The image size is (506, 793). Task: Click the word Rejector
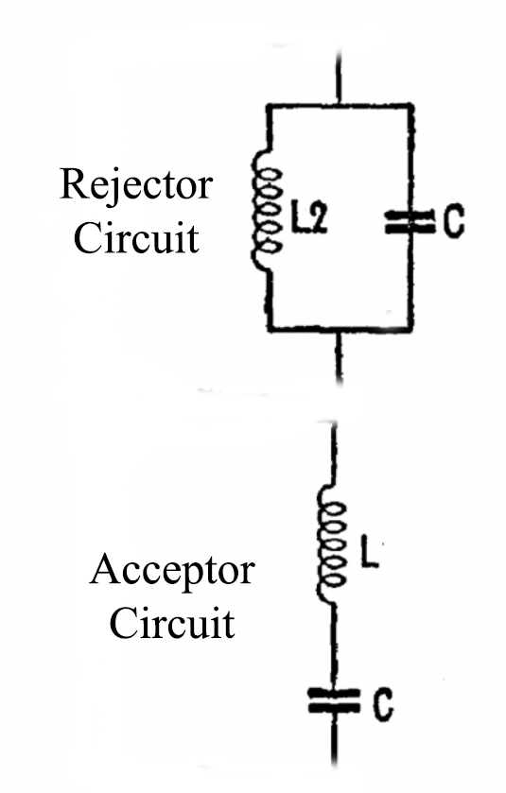coord(136,185)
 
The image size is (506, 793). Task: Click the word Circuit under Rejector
coord(136,238)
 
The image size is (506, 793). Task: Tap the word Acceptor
coord(172,572)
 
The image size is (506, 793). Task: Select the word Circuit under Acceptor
coord(172,623)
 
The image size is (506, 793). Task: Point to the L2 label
coord(308,221)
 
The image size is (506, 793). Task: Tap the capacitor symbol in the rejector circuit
coord(410,221)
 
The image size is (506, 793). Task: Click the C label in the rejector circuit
coord(453,222)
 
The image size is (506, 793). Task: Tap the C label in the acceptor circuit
coord(383,705)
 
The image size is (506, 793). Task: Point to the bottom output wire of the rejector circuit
coord(340,355)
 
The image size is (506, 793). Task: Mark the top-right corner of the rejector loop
coord(411,106)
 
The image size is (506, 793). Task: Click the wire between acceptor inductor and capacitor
coord(334,646)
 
